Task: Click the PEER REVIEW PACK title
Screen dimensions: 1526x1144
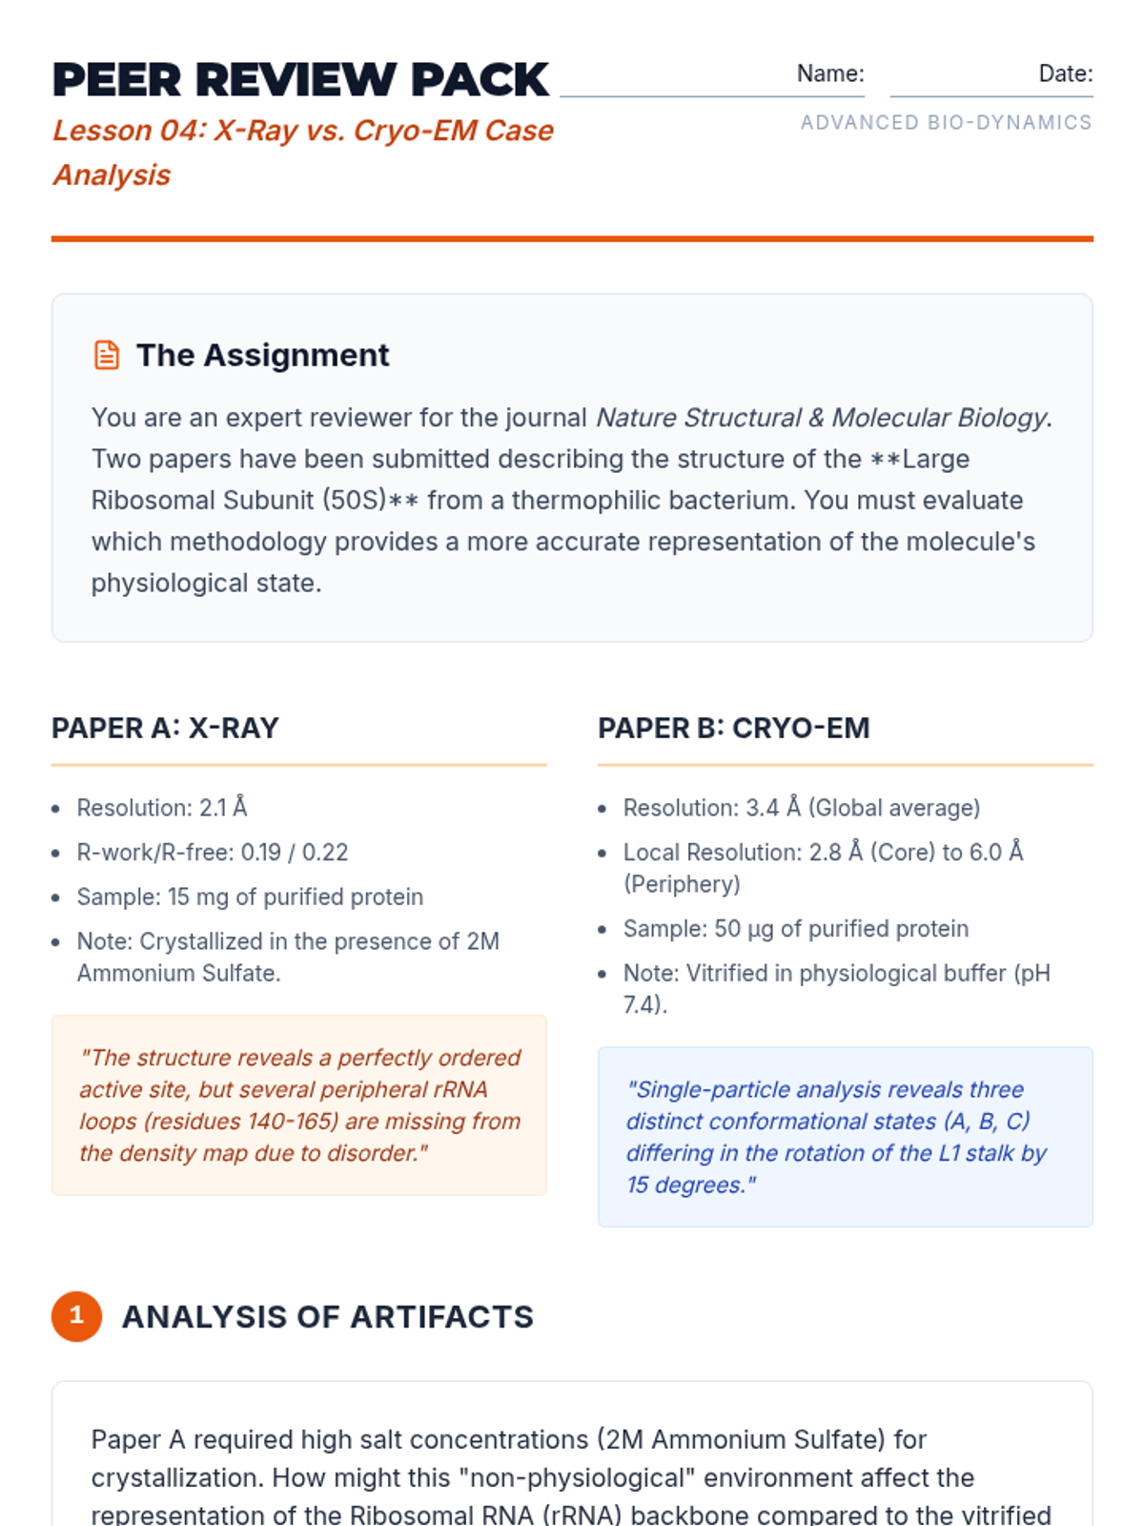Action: point(300,79)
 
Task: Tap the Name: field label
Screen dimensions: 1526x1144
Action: point(829,73)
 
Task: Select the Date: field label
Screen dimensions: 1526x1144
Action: point(1065,73)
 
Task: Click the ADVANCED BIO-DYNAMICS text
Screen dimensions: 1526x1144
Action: point(946,122)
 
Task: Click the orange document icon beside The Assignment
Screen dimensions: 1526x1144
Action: point(107,355)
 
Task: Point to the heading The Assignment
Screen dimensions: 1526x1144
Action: point(262,355)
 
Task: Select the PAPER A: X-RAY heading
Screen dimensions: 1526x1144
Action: point(165,728)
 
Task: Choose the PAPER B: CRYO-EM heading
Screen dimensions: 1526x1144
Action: point(733,728)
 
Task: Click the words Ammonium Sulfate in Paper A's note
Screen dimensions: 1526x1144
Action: point(178,973)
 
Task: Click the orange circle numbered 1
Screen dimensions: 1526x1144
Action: point(76,1316)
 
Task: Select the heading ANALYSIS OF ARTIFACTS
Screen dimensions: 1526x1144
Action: point(327,1316)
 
